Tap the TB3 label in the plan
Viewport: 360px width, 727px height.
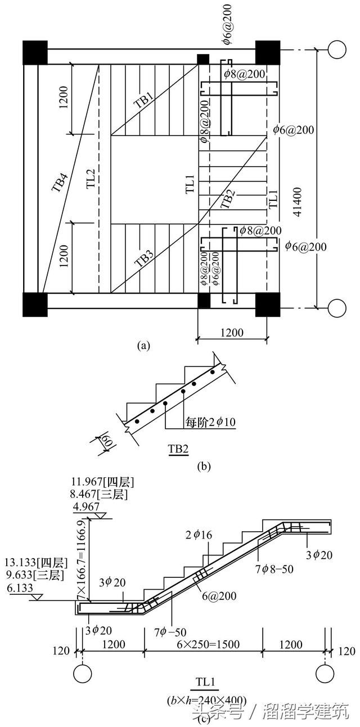(x=145, y=259)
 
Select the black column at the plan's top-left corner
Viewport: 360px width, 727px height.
(x=34, y=52)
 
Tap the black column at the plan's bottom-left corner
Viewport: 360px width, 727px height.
(x=34, y=304)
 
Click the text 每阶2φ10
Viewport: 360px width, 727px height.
(x=210, y=420)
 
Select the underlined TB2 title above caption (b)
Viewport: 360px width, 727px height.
(x=178, y=448)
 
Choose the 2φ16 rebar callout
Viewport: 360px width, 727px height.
(x=201, y=535)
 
